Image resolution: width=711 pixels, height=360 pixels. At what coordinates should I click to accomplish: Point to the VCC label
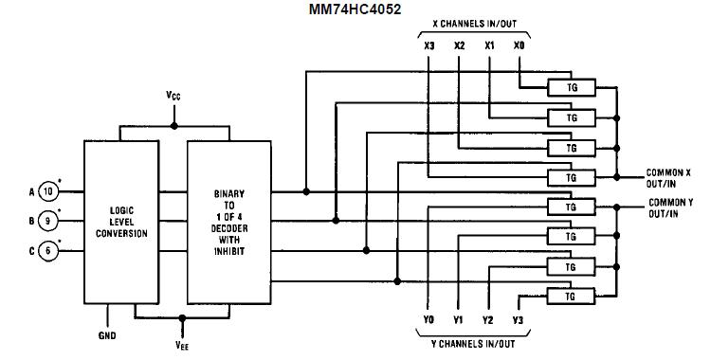tap(172, 98)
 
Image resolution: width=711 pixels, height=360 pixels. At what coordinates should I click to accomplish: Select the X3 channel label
tap(428, 45)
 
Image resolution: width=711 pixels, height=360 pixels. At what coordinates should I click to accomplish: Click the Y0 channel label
tap(428, 319)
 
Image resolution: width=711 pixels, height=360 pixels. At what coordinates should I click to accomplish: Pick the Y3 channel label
tap(518, 319)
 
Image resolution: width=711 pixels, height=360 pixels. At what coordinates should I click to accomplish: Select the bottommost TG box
tap(571, 296)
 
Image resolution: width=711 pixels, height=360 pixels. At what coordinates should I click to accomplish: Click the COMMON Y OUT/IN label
tap(670, 208)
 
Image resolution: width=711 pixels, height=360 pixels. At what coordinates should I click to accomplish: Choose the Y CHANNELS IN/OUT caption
tap(473, 342)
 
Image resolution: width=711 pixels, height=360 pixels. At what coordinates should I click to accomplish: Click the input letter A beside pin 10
tap(31, 189)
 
